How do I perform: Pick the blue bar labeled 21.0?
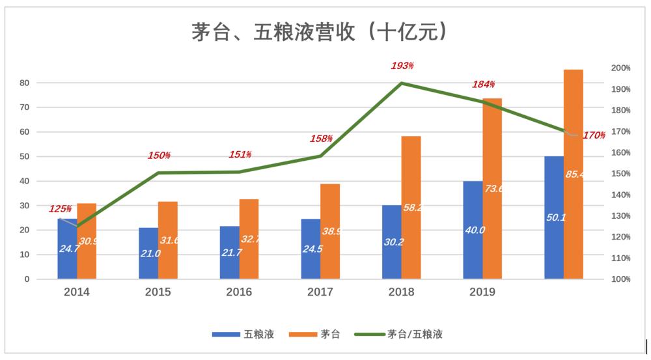(148, 253)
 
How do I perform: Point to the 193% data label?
(402, 66)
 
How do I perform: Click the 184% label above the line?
(483, 85)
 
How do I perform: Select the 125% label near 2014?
(60, 209)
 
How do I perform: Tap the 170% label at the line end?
(594, 136)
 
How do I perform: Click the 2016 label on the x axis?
(239, 292)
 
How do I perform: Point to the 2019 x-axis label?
(482, 292)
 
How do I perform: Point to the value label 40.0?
(473, 230)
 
